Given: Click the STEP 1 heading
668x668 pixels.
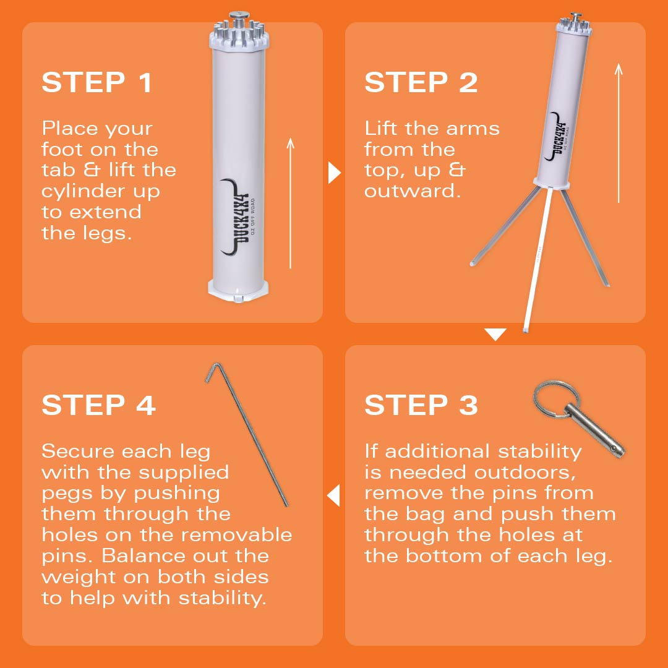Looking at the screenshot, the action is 96,82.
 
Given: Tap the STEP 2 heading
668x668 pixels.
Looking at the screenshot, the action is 421,82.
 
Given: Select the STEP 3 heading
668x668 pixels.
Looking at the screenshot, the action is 421,405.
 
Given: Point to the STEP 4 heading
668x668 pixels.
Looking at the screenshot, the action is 98,405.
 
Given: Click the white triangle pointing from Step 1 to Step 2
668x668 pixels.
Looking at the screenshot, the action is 335,173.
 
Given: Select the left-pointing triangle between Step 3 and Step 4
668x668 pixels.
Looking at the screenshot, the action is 333,495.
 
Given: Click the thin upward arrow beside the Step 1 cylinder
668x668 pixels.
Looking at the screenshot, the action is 291,203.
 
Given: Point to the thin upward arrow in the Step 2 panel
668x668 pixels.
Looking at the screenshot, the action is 619,133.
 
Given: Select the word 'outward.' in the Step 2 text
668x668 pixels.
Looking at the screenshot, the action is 413,191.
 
